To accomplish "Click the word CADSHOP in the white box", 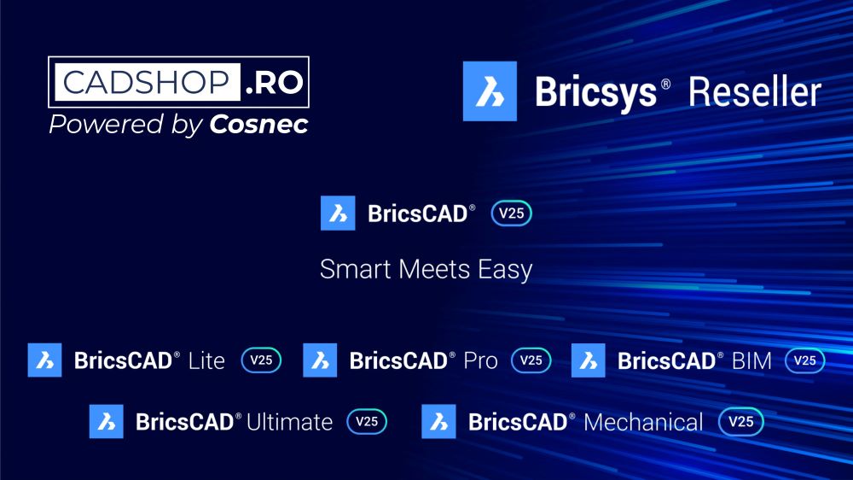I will (x=146, y=83).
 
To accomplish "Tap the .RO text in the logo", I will (x=275, y=83).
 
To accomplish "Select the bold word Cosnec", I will (x=258, y=125).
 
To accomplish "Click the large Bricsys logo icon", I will (x=490, y=91).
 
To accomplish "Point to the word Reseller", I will (x=754, y=91).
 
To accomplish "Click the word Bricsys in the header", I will (x=595, y=91).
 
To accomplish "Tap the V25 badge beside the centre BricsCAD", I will (x=511, y=214).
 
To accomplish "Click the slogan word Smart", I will (x=351, y=270).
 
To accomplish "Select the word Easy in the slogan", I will (x=502, y=270).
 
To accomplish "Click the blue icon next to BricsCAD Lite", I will (x=44, y=360).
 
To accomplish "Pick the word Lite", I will (x=206, y=360).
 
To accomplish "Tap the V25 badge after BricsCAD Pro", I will (x=531, y=360).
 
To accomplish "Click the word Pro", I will (x=480, y=360).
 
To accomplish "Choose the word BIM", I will (x=751, y=360).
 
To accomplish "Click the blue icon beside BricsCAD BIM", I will (x=588, y=360).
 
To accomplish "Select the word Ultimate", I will (x=289, y=422).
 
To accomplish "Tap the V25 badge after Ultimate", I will (x=367, y=421).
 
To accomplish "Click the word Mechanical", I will (x=644, y=422).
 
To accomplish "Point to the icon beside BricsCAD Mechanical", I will (x=438, y=421).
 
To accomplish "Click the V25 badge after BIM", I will (x=805, y=360).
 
